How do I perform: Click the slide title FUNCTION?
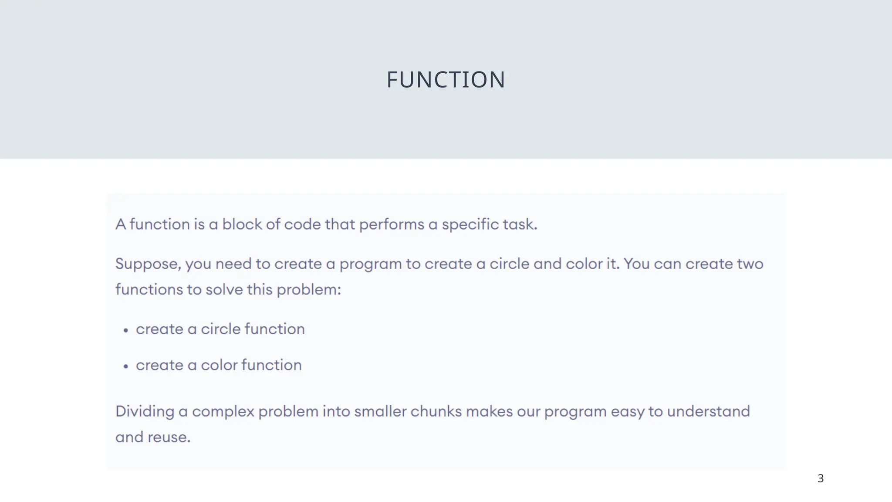tap(446, 80)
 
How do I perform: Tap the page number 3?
tap(821, 478)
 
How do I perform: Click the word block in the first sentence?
tap(242, 224)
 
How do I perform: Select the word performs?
tap(392, 225)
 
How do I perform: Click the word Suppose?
tap(148, 264)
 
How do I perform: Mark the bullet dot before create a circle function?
tap(126, 331)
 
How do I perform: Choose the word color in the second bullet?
tap(219, 365)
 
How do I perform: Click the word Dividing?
tap(145, 412)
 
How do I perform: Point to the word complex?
tap(223, 412)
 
